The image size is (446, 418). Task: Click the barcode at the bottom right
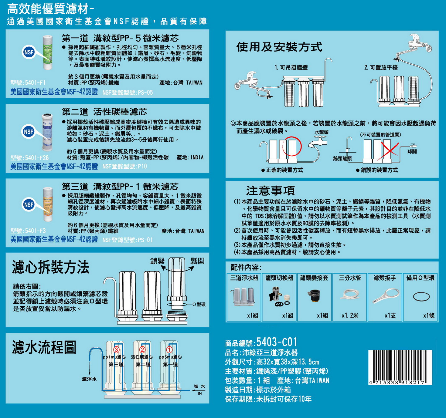(x=400, y=367)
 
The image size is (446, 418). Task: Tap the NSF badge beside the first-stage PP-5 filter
(x=29, y=52)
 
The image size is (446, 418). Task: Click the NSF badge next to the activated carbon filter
(x=29, y=132)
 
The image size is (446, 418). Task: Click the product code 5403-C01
(x=277, y=342)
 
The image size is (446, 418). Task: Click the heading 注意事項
(x=270, y=190)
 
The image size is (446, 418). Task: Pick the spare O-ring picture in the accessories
(x=421, y=296)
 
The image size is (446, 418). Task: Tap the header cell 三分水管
(x=350, y=278)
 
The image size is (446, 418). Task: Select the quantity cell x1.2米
(x=350, y=315)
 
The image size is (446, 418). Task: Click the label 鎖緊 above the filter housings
(x=157, y=261)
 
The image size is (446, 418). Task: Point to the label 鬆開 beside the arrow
(x=197, y=261)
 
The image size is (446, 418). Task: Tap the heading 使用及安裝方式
(x=279, y=47)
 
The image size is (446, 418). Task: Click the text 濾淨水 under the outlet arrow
(x=89, y=379)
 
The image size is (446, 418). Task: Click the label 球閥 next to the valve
(x=412, y=152)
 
